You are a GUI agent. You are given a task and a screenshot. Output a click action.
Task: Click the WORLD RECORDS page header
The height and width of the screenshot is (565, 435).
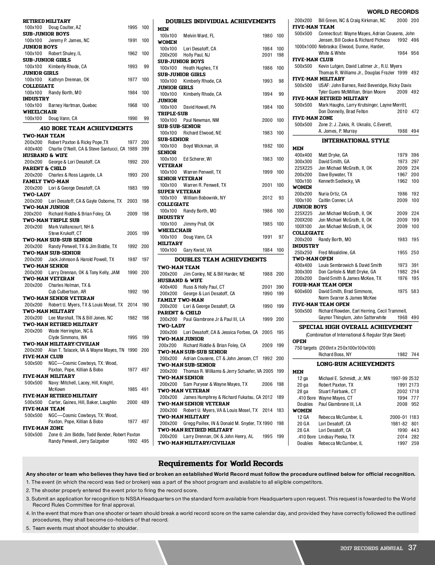[393, 12]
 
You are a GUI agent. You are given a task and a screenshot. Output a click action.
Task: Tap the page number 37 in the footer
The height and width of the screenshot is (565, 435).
[412, 548]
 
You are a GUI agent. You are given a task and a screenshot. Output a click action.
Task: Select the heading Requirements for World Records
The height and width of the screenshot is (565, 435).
[220, 463]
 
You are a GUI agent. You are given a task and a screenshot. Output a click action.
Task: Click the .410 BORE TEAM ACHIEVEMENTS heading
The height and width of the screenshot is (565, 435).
[86, 128]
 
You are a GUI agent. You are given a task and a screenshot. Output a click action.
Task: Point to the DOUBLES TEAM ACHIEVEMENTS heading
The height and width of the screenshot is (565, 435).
[220, 260]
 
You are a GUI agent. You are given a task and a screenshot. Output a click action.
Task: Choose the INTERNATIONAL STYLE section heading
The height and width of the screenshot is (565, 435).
[355, 141]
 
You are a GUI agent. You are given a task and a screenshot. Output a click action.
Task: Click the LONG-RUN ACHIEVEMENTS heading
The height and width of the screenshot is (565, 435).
[355, 364]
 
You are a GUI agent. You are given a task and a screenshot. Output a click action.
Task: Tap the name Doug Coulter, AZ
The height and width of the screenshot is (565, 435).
[65, 28]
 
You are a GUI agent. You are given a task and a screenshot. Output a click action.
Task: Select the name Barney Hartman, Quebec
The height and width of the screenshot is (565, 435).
[72, 106]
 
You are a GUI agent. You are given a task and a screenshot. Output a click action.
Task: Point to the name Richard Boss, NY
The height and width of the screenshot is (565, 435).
[335, 355]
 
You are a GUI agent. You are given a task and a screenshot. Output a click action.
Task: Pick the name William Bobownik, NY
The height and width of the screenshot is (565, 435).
[204, 198]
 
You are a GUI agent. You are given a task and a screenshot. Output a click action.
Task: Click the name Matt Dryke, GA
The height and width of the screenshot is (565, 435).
[333, 155]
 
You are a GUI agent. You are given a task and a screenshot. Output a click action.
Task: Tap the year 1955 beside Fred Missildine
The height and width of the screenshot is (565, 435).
[402, 253]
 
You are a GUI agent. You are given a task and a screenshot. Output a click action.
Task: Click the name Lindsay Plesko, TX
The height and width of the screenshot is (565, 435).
[336, 437]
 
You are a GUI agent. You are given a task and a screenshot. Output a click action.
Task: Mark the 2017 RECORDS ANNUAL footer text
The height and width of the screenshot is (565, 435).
[371, 548]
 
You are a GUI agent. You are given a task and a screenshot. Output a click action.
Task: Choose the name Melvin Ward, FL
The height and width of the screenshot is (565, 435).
[199, 36]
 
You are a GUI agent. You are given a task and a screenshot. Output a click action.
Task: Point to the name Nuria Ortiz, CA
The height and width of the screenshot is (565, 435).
[332, 194]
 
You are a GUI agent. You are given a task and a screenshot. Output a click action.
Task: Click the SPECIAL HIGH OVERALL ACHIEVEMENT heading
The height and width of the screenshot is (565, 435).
[355, 327]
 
